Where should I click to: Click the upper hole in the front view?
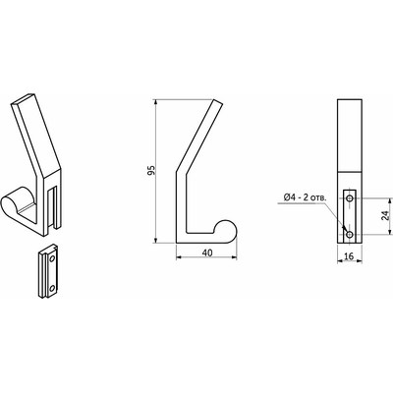pyautogui.click(x=351, y=197)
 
